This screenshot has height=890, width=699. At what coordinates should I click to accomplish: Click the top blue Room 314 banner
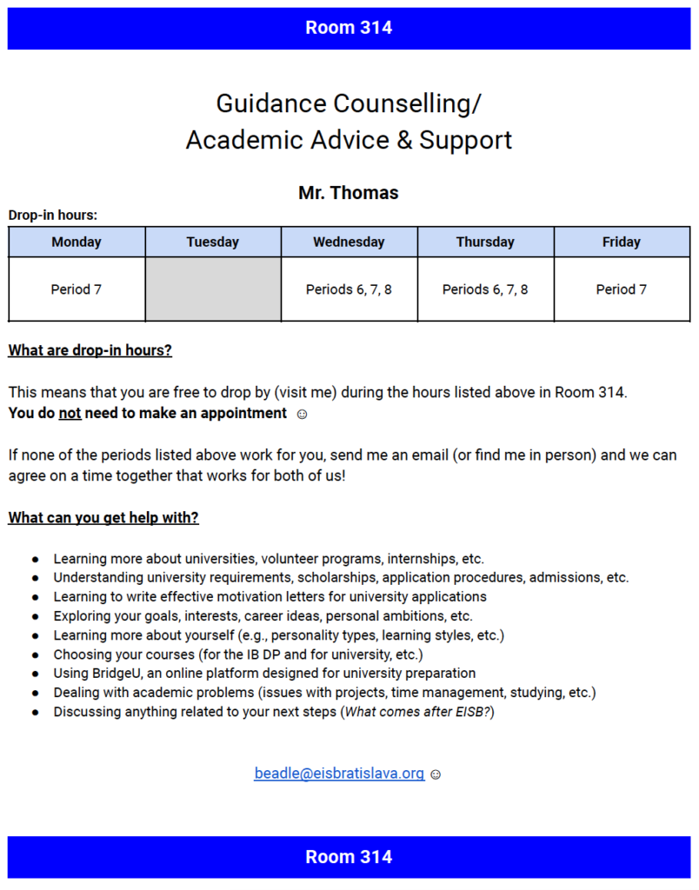349,28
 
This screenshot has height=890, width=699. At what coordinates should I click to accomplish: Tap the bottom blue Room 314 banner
349,857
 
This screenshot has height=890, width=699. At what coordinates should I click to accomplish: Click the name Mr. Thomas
348,193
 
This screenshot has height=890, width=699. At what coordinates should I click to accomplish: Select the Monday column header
77,242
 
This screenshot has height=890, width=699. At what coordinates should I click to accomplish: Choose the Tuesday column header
213,242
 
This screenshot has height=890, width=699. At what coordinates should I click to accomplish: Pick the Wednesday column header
349,242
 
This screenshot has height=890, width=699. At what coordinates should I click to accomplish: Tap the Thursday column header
485,242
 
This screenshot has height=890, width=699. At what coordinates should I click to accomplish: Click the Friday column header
622,242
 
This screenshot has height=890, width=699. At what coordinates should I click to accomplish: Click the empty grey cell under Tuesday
213,289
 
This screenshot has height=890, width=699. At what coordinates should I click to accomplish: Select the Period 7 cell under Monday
77,289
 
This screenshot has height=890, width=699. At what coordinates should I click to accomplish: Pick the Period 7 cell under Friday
622,289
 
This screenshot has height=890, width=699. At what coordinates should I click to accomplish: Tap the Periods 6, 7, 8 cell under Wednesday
349,289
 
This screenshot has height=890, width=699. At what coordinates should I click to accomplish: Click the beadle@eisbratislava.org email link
339,774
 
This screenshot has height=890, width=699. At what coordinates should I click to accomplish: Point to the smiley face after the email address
436,774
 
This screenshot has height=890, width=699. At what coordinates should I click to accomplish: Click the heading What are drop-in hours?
90,351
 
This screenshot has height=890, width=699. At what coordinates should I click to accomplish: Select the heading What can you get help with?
103,518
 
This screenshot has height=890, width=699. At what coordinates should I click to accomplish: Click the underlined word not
70,414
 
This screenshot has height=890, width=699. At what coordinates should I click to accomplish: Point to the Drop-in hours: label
53,216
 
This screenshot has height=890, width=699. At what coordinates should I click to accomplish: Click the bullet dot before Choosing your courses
36,655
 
